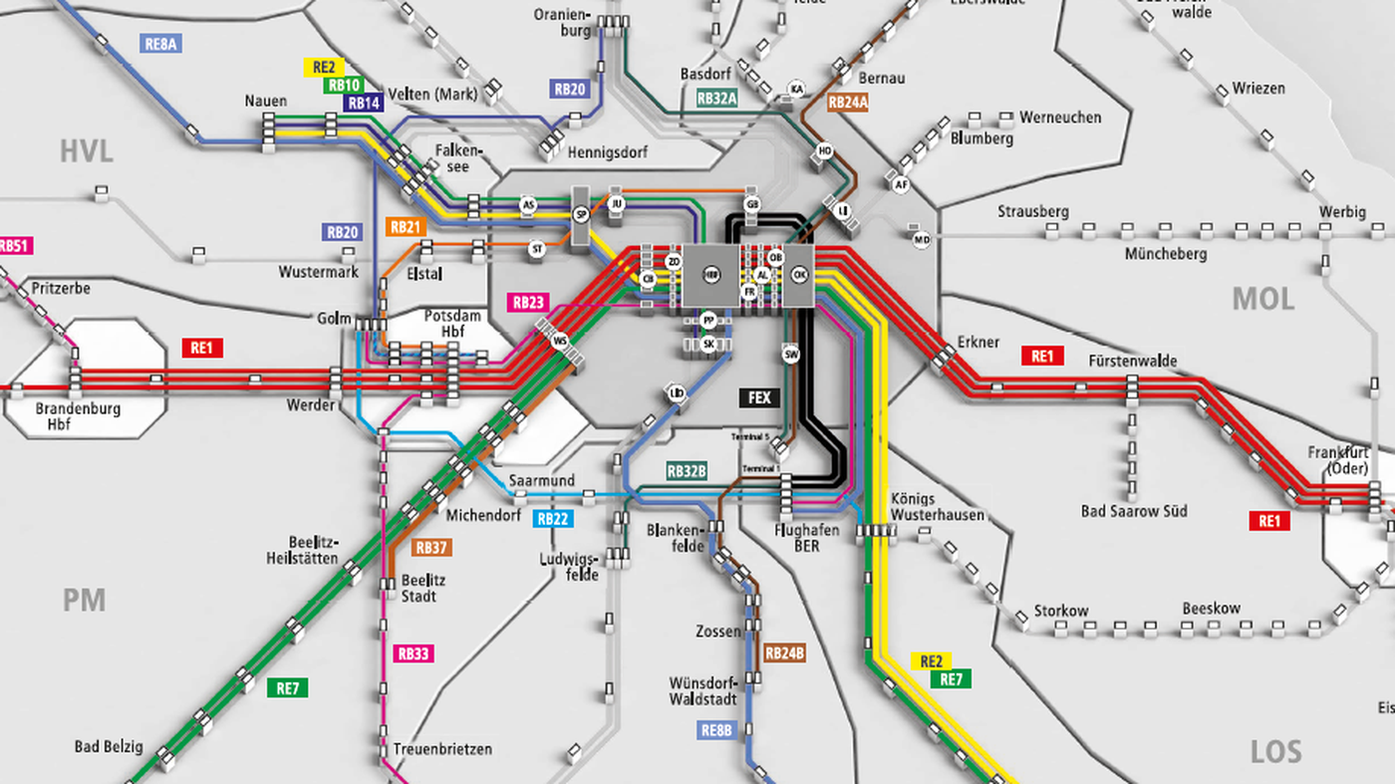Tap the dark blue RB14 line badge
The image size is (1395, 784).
point(364,103)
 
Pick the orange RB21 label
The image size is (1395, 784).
point(407,227)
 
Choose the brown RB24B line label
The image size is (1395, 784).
point(784,654)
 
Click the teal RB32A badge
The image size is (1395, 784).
point(716,98)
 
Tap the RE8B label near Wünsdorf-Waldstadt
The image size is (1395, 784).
point(716,730)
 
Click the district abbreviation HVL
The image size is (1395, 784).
point(86,151)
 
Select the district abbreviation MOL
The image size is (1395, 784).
point(1263,299)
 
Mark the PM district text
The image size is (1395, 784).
point(84,601)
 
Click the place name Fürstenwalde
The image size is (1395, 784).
point(1133,360)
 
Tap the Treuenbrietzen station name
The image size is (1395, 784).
point(442,749)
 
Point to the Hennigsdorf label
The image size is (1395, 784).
point(607,153)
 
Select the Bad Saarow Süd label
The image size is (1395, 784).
point(1134,512)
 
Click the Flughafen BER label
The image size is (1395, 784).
point(806,538)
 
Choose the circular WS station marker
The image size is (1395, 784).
point(559,341)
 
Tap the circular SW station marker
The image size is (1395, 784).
point(791,355)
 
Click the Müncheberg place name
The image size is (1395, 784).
point(1166,254)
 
